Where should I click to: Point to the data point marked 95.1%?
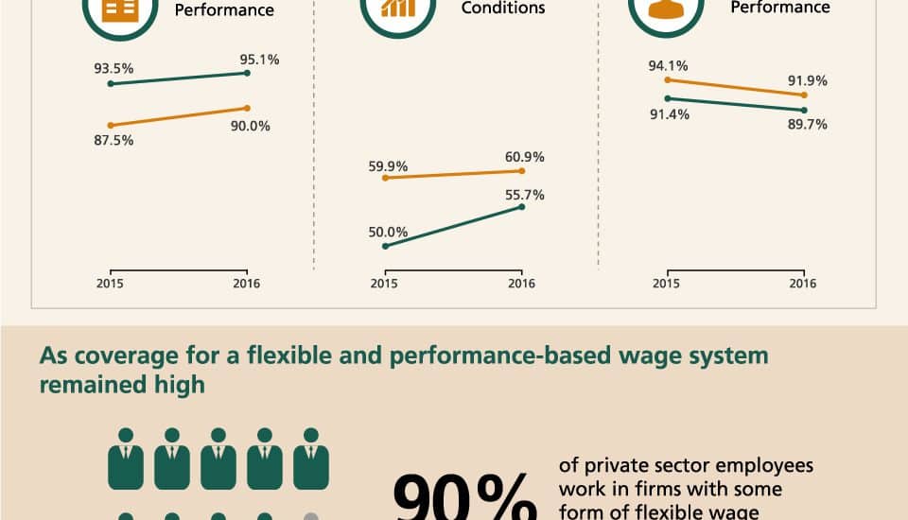tap(247, 73)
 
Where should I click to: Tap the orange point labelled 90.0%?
tap(247, 108)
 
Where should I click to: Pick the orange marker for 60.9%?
tap(522, 171)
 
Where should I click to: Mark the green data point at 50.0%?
tap(385, 246)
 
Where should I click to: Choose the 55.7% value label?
tap(525, 194)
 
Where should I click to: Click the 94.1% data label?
tap(668, 66)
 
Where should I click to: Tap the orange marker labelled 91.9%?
tap(804, 95)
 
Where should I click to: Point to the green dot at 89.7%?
tap(804, 110)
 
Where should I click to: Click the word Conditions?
tap(503, 9)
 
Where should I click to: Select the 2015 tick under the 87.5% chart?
tap(110, 284)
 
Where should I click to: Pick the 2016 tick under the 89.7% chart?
tap(803, 284)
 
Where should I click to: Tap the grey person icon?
tap(311, 515)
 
